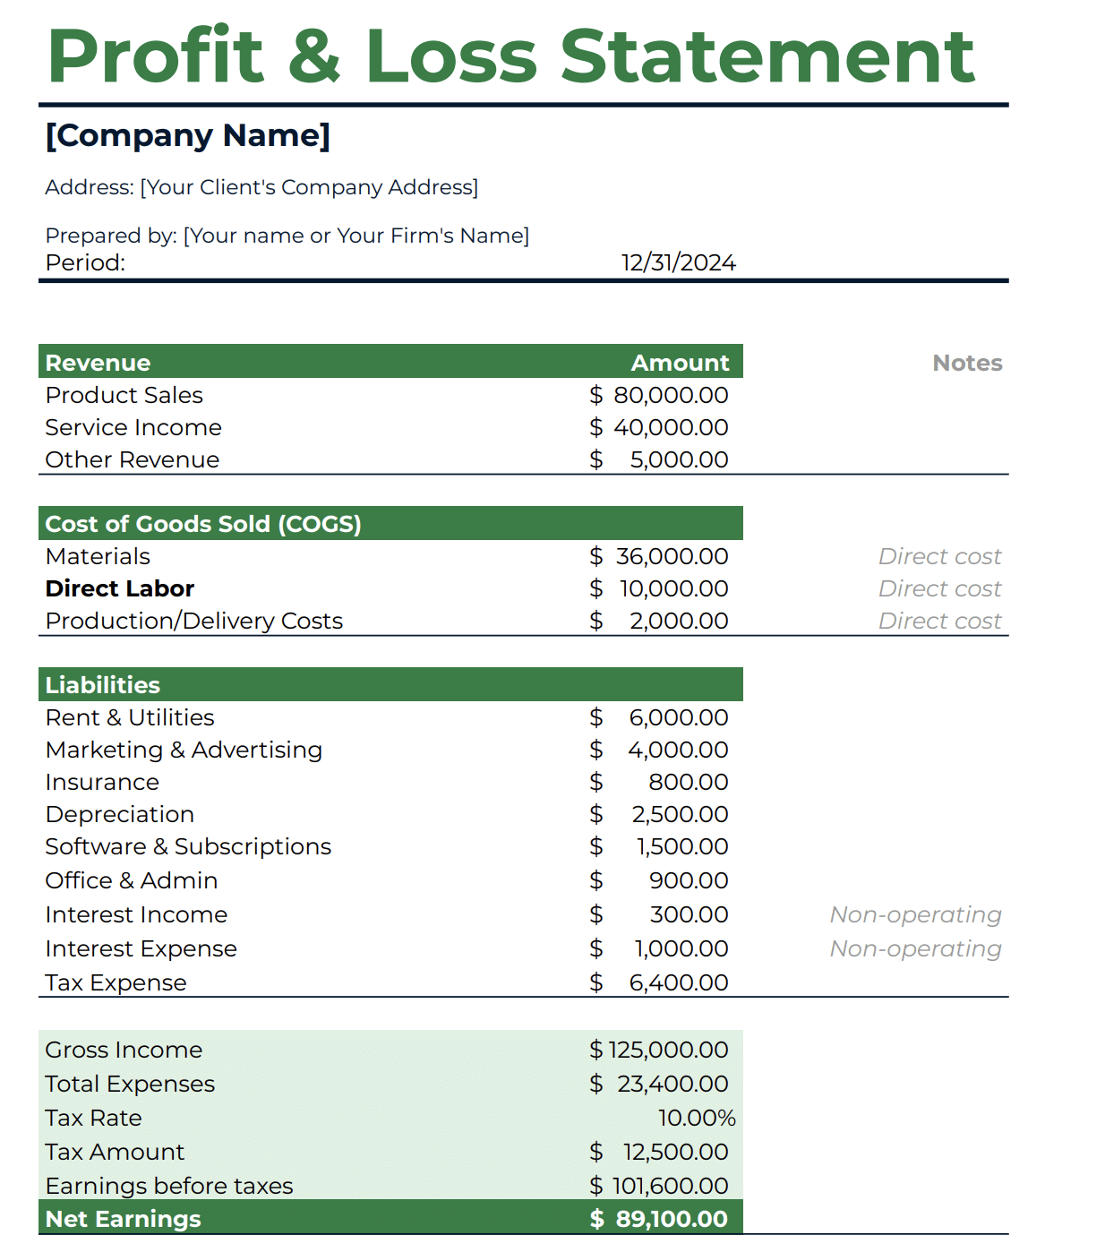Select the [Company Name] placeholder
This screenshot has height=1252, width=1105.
click(x=188, y=135)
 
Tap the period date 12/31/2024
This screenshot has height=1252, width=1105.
click(x=678, y=262)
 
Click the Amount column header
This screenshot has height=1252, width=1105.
click(x=680, y=363)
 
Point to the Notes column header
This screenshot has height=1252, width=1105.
click(x=967, y=363)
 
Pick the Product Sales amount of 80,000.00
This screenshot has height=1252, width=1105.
click(x=670, y=395)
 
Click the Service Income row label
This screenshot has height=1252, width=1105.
click(x=133, y=427)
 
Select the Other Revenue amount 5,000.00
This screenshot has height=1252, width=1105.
click(x=679, y=459)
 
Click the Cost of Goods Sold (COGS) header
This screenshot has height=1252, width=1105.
click(x=203, y=524)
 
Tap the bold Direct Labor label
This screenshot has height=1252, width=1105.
click(x=120, y=588)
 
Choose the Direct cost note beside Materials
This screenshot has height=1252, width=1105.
click(x=939, y=556)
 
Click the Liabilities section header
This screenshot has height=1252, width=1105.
click(x=103, y=685)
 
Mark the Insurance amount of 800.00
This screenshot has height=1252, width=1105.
click(x=688, y=782)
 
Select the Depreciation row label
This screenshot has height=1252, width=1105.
click(x=120, y=814)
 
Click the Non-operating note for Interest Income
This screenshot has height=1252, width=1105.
click(x=915, y=914)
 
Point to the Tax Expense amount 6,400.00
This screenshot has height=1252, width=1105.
click(x=679, y=982)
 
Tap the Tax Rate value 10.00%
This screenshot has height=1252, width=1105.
click(x=697, y=1118)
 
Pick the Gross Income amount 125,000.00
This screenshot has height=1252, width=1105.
click(x=668, y=1050)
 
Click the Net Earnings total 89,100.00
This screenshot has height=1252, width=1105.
click(x=671, y=1219)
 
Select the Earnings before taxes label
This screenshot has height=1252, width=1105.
click(x=169, y=1186)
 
